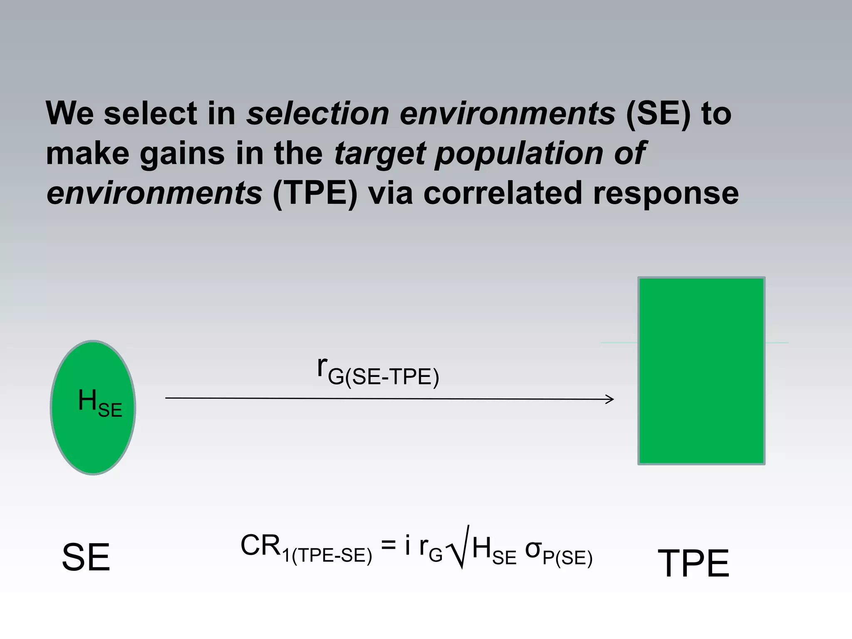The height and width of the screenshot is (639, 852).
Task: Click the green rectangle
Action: tap(701, 371)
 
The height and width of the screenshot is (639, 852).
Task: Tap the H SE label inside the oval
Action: tap(100, 403)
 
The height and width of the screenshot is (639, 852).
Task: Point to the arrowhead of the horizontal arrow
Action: tap(611, 399)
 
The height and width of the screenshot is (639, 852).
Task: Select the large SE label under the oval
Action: tap(86, 558)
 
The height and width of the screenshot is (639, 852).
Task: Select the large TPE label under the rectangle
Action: tap(693, 563)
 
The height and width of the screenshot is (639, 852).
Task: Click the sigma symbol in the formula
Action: tap(533, 549)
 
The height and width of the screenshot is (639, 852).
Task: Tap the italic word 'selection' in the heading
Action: tap(317, 114)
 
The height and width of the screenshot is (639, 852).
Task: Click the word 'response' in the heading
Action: tap(666, 193)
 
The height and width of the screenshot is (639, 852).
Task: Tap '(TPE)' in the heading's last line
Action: tap(315, 193)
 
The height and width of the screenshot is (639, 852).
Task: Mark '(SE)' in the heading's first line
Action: tap(658, 114)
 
